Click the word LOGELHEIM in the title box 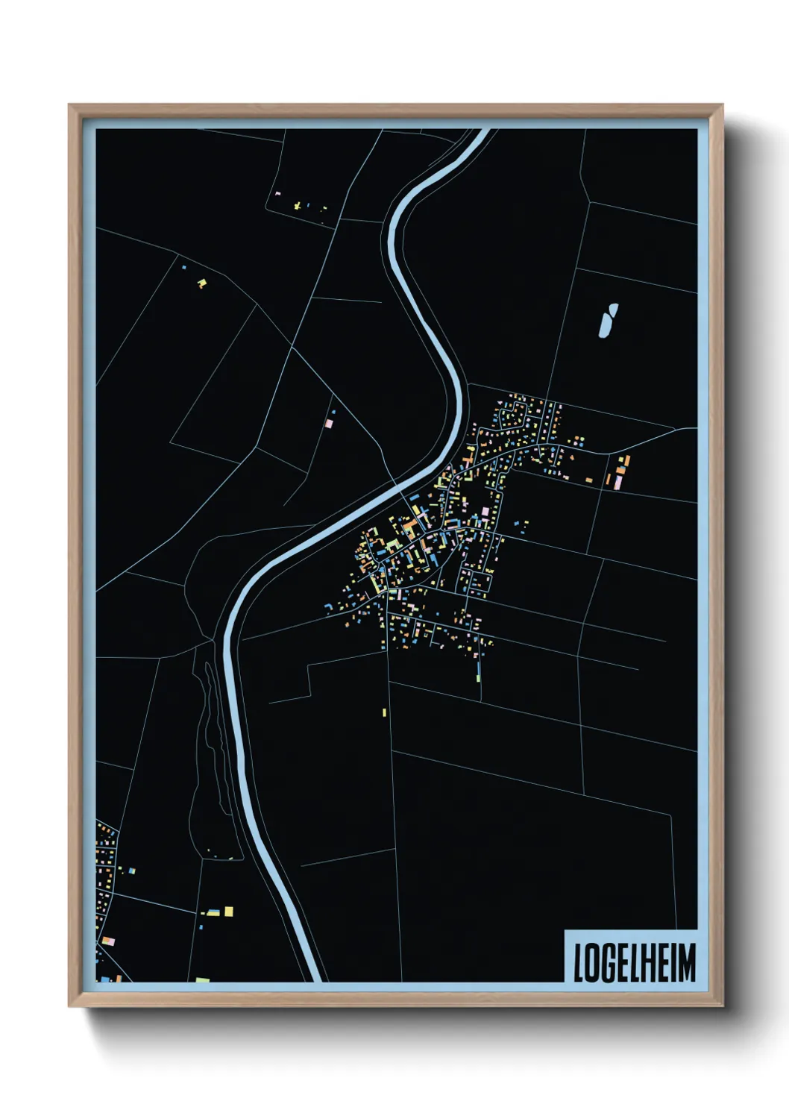pos(635,962)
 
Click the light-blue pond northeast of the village pos(608,320)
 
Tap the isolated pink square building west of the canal pos(329,423)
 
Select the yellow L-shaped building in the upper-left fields pos(201,283)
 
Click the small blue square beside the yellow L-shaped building pos(184,267)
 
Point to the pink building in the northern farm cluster pos(278,194)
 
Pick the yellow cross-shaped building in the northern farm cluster pos(298,205)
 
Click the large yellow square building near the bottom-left pos(228,911)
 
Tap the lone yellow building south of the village pos(384,712)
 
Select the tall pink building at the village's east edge pos(618,481)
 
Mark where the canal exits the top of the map pos(482,131)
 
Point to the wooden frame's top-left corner pos(69,105)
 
